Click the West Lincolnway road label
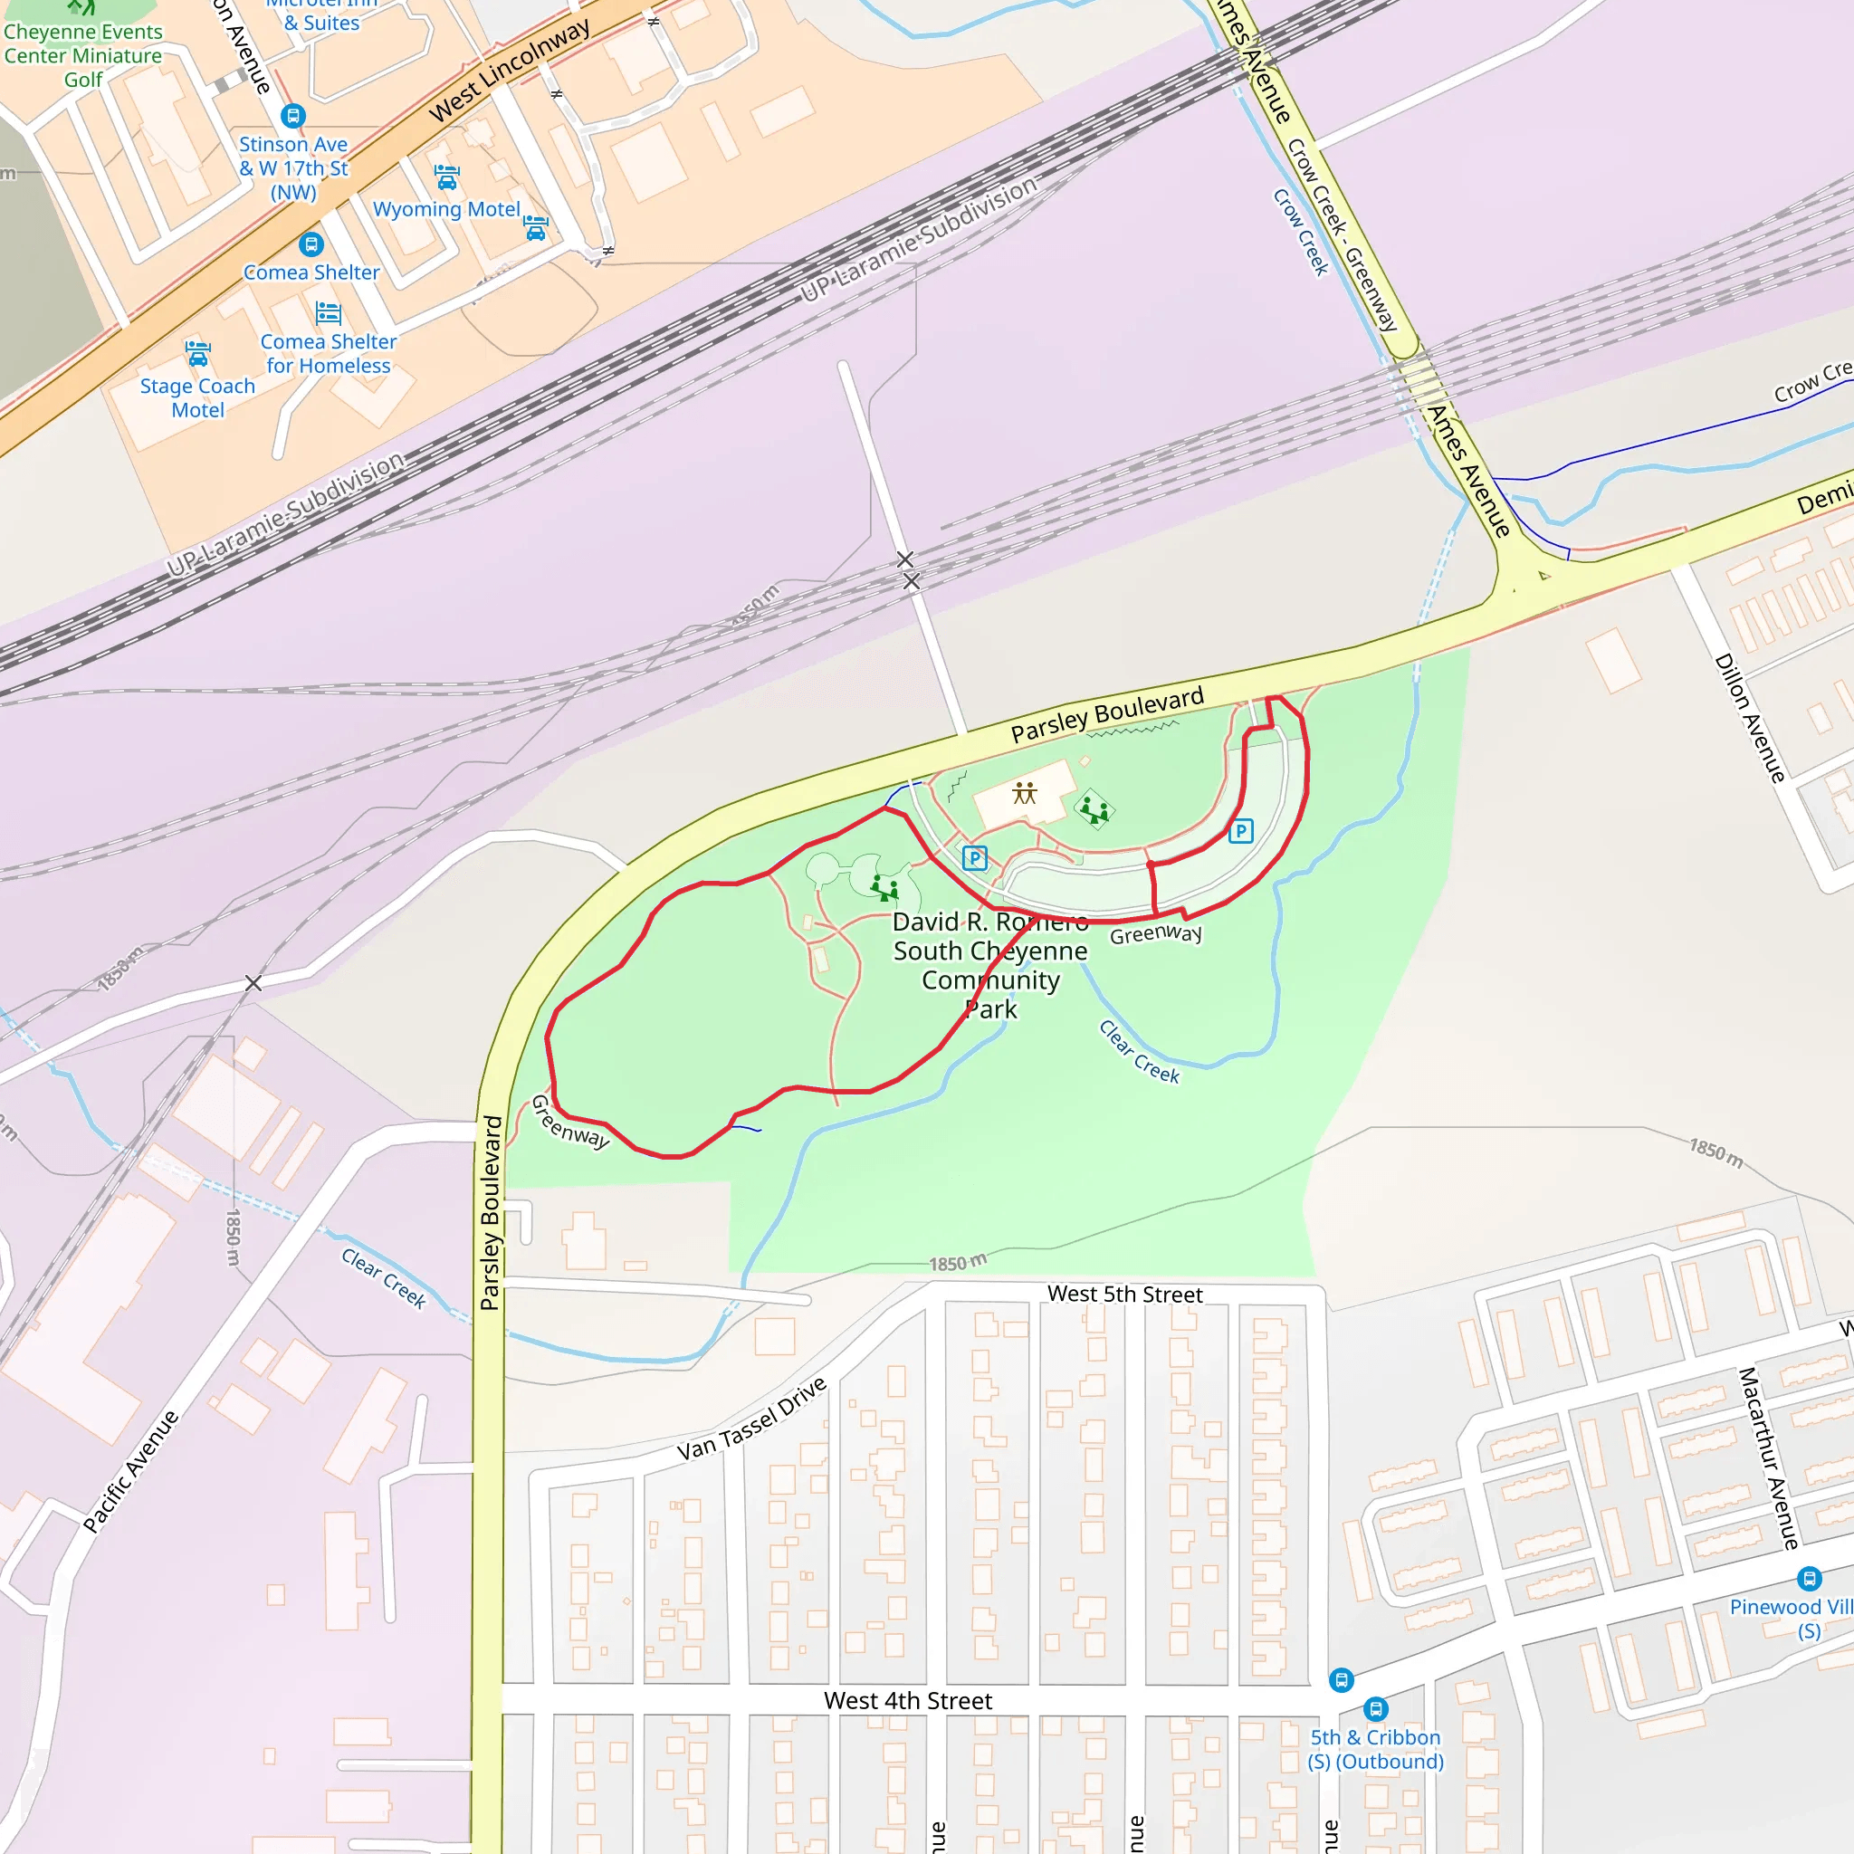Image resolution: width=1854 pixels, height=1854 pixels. pyautogui.click(x=510, y=71)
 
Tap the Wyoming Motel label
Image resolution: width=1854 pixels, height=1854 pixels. pyautogui.click(x=446, y=209)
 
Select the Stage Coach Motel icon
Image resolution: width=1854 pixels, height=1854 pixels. pyautogui.click(x=197, y=354)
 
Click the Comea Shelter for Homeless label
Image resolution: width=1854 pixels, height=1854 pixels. pyautogui.click(x=329, y=353)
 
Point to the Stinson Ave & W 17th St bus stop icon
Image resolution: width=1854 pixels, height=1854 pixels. pyautogui.click(x=292, y=116)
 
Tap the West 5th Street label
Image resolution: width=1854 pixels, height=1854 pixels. pyautogui.click(x=1124, y=1295)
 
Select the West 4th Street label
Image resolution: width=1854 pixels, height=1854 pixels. pyautogui.click(x=908, y=1700)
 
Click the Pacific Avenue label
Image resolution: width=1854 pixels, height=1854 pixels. pyautogui.click(x=130, y=1471)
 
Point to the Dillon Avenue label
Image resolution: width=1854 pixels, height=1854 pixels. pyautogui.click(x=1749, y=719)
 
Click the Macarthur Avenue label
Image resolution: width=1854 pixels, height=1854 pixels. pyautogui.click(x=1769, y=1458)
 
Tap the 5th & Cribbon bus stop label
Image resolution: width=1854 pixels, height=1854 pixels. pyautogui.click(x=1375, y=1748)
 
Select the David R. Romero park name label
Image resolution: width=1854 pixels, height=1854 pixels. pyautogui.click(x=990, y=964)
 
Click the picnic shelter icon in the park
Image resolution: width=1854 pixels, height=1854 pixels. pyautogui.click(x=1025, y=793)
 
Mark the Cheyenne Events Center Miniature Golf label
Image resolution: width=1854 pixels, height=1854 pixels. pyautogui.click(x=83, y=55)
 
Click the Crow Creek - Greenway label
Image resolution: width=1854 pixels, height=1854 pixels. pyautogui.click(x=1342, y=234)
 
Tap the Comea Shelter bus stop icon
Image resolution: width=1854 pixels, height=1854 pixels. pyautogui.click(x=310, y=244)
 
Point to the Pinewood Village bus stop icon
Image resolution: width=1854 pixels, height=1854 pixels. pyautogui.click(x=1809, y=1578)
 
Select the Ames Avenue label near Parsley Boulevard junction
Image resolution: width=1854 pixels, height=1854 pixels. pyautogui.click(x=1468, y=471)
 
